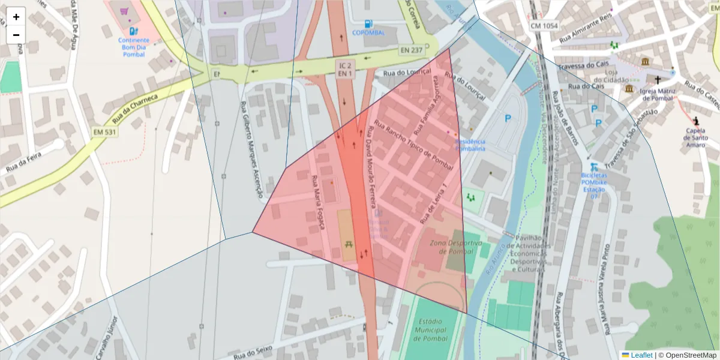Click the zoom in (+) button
tap(16, 17)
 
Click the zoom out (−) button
tap(16, 35)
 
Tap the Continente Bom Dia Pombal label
tap(133, 47)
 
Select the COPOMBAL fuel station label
tap(368, 32)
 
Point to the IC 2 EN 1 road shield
tap(344, 69)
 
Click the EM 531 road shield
tap(105, 131)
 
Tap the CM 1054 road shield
tap(544, 26)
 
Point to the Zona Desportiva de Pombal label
tap(455, 247)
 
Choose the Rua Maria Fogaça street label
tap(318, 202)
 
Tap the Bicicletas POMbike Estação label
tap(594, 182)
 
